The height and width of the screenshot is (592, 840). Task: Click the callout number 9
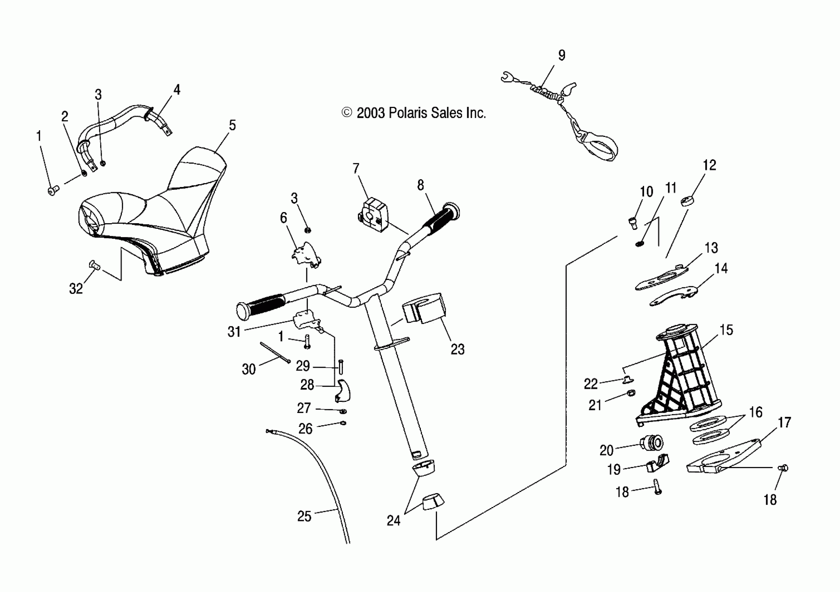562,56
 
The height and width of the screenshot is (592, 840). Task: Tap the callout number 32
76,289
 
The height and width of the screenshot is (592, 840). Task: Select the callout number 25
304,516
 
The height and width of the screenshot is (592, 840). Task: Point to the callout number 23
457,349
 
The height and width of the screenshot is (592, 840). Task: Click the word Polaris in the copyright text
408,113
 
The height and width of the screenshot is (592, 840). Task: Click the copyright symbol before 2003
346,113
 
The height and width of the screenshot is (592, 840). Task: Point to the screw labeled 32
94,265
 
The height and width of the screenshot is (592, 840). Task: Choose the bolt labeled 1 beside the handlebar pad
53,190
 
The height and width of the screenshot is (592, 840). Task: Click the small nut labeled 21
631,393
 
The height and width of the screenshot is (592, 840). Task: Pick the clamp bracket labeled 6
306,254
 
